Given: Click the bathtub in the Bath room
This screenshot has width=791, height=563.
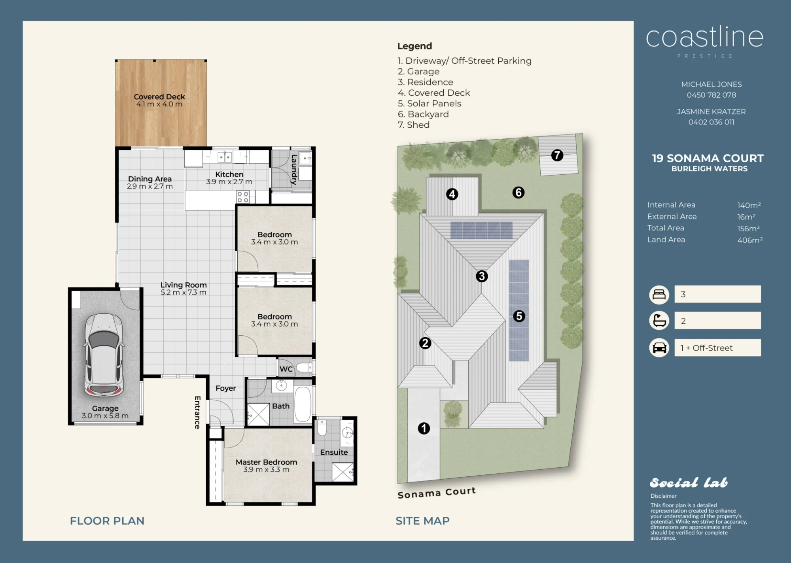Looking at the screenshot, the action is coord(303,404).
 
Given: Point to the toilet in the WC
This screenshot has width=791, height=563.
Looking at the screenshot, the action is coord(305,368).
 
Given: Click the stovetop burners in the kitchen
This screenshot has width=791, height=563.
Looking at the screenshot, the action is coord(242,197).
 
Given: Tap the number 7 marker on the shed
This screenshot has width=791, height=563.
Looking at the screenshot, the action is coord(557,155).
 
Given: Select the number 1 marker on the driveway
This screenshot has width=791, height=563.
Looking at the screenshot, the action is coord(424,428).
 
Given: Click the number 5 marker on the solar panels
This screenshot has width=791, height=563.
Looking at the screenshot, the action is coord(519,316).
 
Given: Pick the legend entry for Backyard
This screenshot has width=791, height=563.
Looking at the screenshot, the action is coord(423,114).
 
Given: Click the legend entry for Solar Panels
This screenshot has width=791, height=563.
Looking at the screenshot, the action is coord(430,104).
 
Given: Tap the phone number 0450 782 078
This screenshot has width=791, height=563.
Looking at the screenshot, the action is coord(712,95).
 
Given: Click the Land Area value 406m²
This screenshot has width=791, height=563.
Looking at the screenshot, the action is coord(750,240).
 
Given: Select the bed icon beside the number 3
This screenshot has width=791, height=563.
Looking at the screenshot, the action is coord(659,295).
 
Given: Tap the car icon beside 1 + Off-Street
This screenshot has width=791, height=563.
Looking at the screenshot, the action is coord(659,348).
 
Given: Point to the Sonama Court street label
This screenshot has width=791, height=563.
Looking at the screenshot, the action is coord(437,493).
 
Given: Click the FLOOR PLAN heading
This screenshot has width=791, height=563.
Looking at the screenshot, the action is coord(107,521).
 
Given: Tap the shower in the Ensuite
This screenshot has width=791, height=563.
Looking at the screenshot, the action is coord(343,472).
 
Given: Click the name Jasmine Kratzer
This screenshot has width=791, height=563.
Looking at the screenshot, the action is coord(712,112).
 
